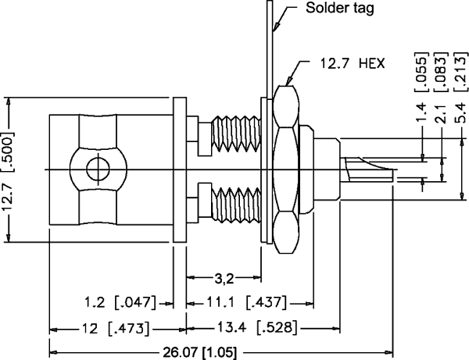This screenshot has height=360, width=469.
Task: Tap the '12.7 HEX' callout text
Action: [x=350, y=62]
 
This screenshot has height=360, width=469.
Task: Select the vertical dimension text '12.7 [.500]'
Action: [x=10, y=169]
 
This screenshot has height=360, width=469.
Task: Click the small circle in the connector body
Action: [x=95, y=169]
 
